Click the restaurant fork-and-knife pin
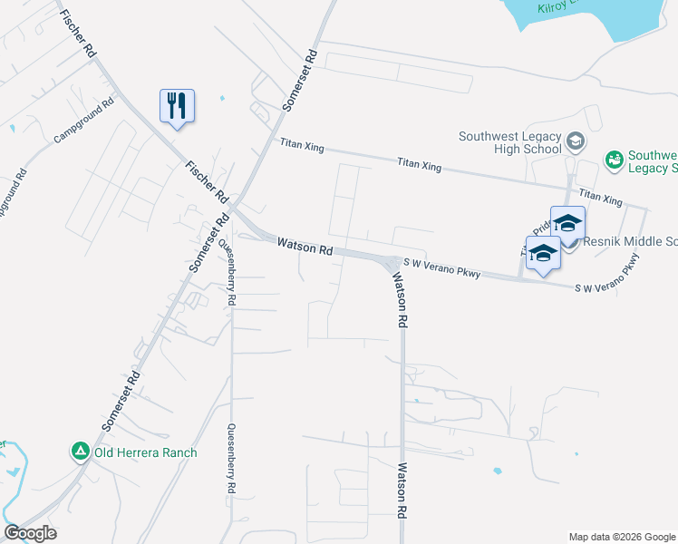tap(178, 105)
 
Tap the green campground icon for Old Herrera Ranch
tap(81, 450)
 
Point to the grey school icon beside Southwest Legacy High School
tap(576, 141)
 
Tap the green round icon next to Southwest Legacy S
tap(613, 160)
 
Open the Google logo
tap(30, 533)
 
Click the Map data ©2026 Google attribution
tap(622, 537)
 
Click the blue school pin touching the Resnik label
tap(567, 224)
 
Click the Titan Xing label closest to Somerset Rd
tap(301, 143)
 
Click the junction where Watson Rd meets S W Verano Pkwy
tap(391, 264)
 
